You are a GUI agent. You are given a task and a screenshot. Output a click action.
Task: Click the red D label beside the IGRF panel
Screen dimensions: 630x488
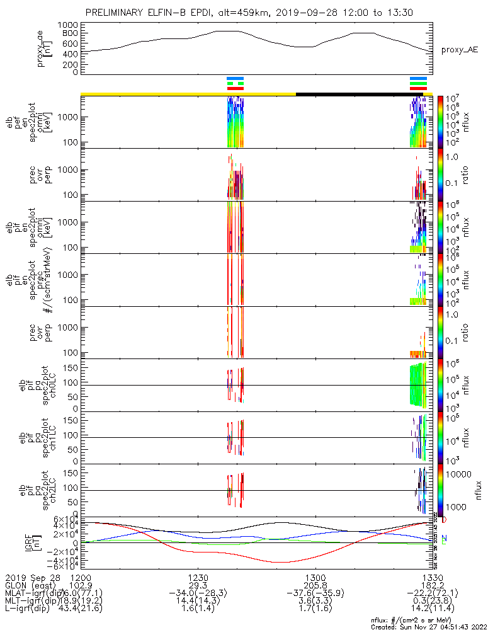[x=445, y=520]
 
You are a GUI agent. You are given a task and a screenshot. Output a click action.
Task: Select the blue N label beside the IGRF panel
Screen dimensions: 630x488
[x=445, y=538]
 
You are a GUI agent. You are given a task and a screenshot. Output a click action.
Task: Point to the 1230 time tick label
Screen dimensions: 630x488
[x=198, y=577]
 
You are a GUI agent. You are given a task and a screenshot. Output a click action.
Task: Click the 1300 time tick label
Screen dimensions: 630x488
[x=315, y=577]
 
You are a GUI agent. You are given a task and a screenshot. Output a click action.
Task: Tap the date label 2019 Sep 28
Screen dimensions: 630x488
[x=30, y=577]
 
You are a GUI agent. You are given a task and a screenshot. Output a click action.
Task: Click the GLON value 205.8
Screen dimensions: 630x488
[x=315, y=585]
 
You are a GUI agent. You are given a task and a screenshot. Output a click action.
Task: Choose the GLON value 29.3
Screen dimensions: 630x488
[x=198, y=585]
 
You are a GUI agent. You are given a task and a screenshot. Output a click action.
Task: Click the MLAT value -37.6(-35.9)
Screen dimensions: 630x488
[x=315, y=593]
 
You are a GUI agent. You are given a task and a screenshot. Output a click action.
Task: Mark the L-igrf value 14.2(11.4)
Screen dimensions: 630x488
[x=431, y=610]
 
